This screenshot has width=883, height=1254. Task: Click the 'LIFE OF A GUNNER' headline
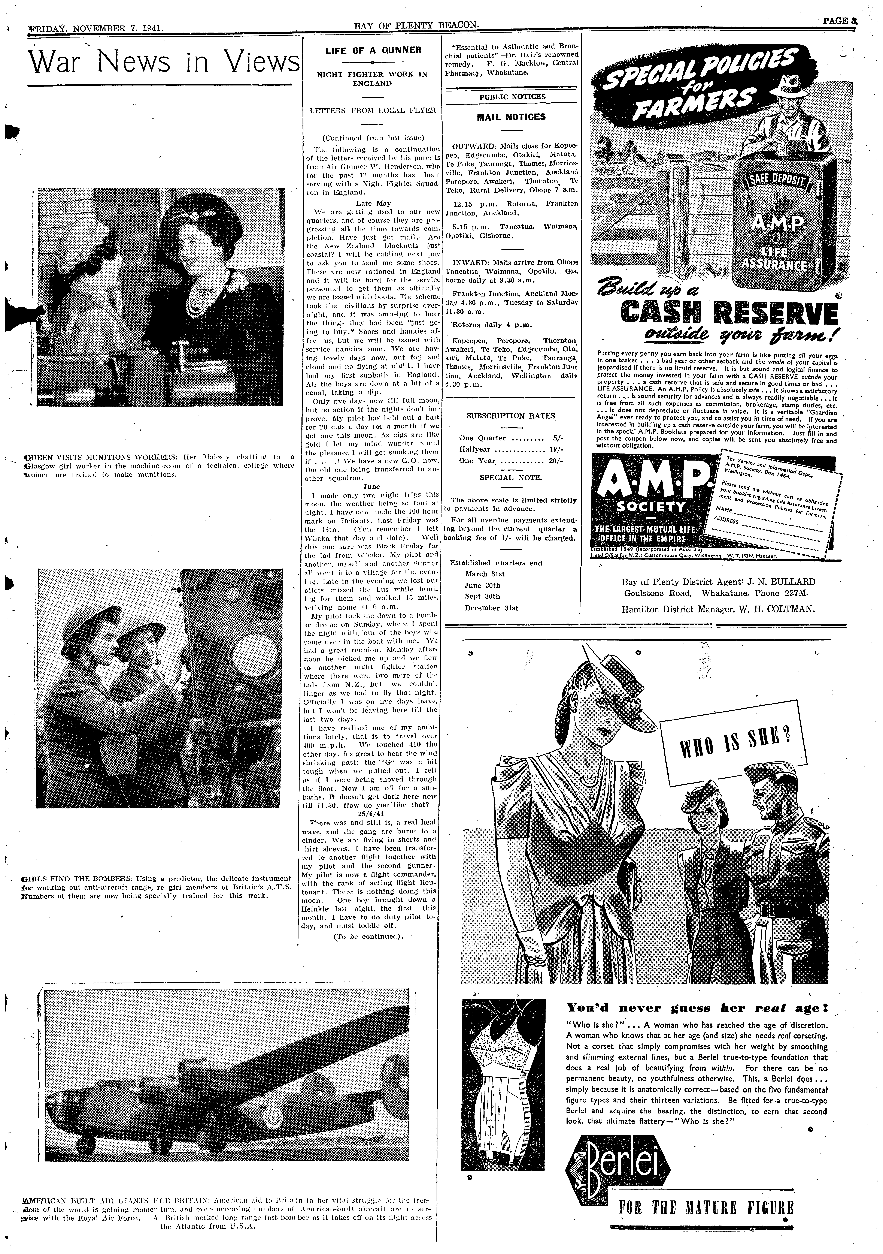[x=373, y=50]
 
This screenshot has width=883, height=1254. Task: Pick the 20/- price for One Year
[x=556, y=460]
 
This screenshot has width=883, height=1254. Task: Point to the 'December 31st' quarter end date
[x=491, y=608]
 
